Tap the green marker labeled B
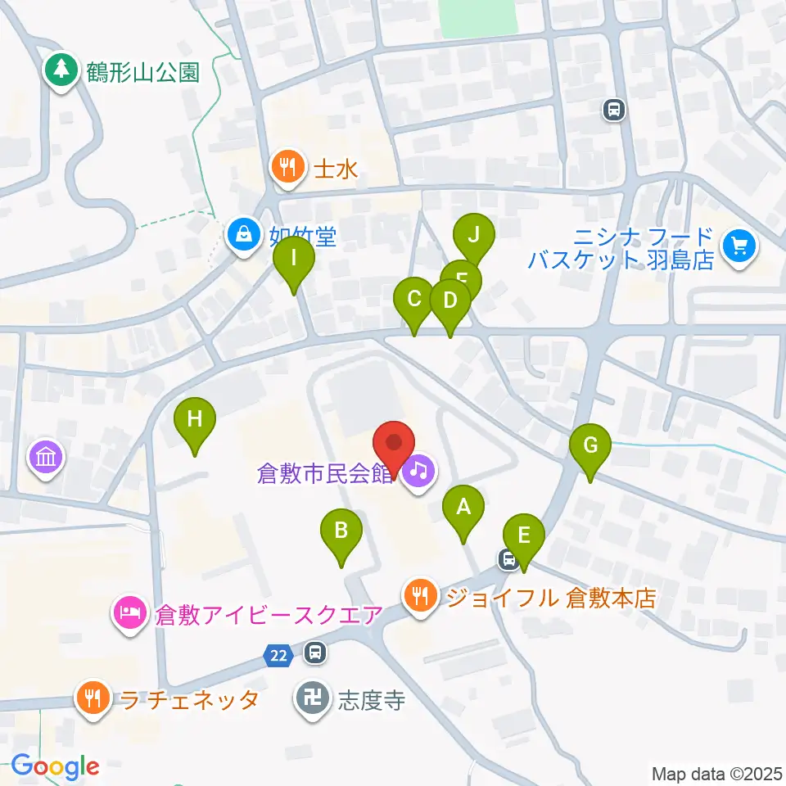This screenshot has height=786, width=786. [x=341, y=531]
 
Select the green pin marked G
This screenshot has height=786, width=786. [x=591, y=446]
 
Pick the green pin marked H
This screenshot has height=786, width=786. [x=195, y=420]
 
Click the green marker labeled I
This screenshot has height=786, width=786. [x=293, y=261]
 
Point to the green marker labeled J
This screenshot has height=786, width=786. [x=473, y=235]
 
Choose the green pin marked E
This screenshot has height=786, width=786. [x=524, y=536]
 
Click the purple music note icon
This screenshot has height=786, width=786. [x=419, y=471]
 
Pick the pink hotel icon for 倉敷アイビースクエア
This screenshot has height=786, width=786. [x=131, y=612]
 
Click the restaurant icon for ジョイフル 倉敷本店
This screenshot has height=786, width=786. [x=421, y=594]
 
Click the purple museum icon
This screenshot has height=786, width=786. [x=46, y=456]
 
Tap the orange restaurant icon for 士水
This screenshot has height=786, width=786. [x=286, y=168]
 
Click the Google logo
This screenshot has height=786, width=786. [x=55, y=767]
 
